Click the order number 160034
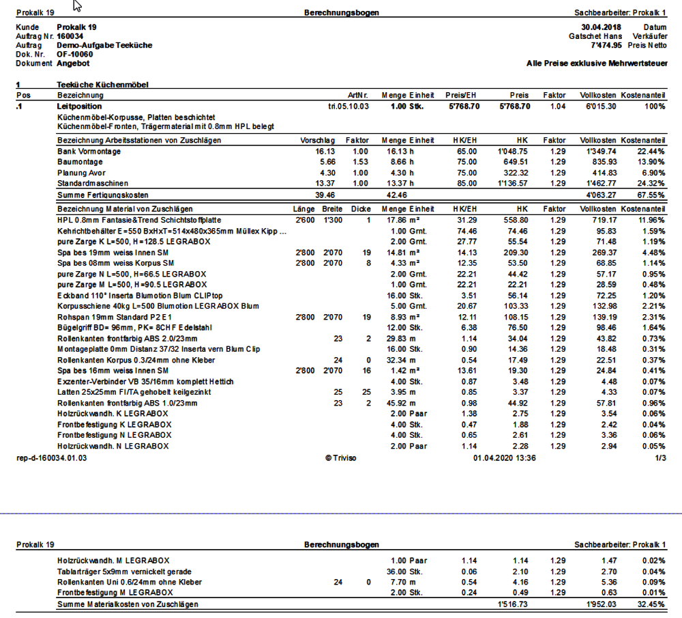(70, 36)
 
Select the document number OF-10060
(75, 54)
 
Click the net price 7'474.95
(606, 45)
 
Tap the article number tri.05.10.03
(348, 107)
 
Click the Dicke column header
(361, 209)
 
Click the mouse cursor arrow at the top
(77, 6)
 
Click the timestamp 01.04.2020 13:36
(504, 458)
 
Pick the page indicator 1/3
(659, 458)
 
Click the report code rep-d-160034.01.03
(52, 458)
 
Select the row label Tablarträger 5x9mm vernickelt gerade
(124, 571)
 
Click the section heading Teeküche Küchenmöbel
(102, 85)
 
